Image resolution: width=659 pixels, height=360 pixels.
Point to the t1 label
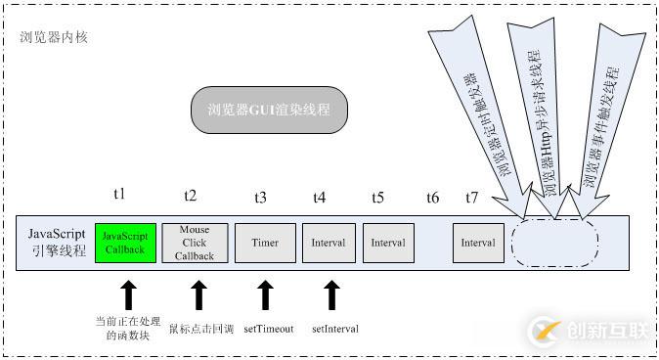(119, 196)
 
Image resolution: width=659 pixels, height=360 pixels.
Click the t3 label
(259, 197)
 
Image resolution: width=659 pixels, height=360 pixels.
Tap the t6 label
(432, 197)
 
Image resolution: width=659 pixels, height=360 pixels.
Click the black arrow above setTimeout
(264, 294)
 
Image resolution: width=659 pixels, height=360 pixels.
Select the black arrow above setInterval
(332, 294)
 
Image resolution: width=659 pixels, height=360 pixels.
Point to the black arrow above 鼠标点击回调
(198, 294)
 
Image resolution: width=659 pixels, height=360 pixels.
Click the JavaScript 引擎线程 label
(56, 242)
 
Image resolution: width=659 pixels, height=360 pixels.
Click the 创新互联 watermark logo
(588, 331)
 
